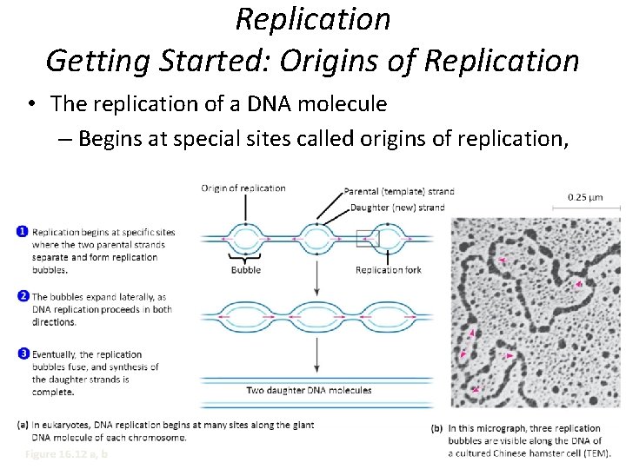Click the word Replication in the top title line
[313, 19]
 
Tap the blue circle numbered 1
[21, 231]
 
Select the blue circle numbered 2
[21, 296]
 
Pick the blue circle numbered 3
[21, 353]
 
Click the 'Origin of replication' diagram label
[243, 188]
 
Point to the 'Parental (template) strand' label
[399, 191]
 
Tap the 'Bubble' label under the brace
[245, 270]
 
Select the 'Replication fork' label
[389, 270]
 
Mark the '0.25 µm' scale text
[585, 196]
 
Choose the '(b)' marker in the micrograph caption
[437, 428]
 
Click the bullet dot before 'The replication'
[30, 105]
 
